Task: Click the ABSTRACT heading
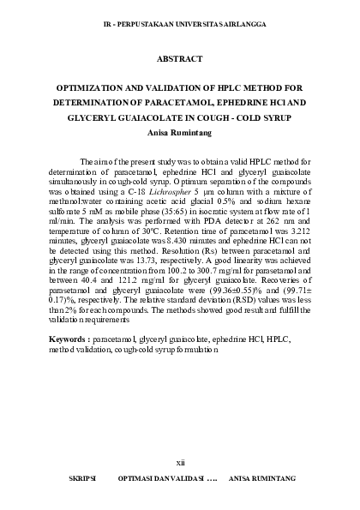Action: pos(180,59)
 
